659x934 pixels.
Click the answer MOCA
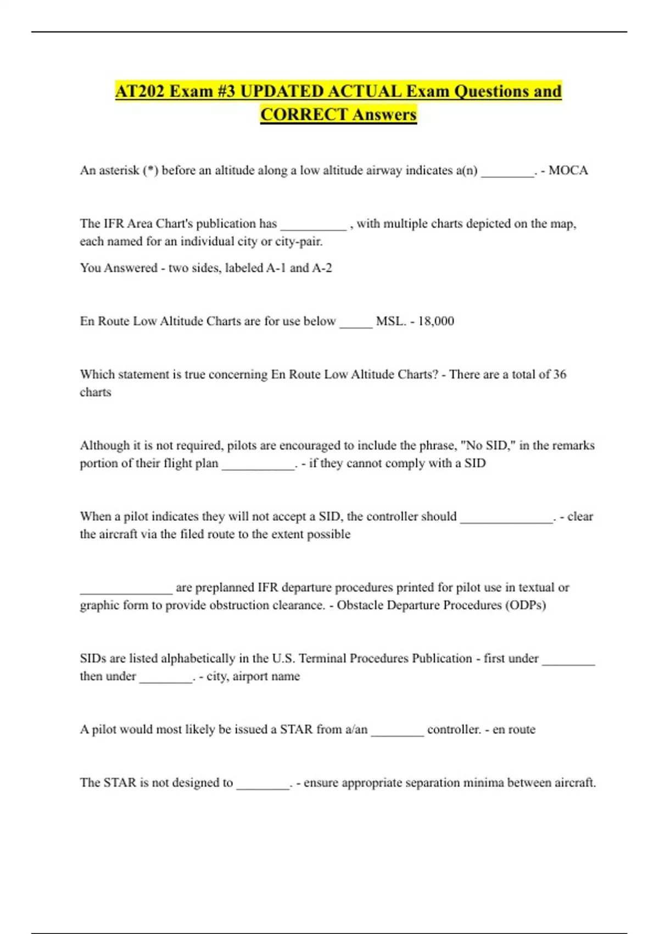pos(568,170)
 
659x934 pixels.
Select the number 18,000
pos(436,321)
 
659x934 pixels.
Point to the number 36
pos(560,374)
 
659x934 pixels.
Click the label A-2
pos(322,268)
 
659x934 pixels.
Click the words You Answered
pos(119,268)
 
